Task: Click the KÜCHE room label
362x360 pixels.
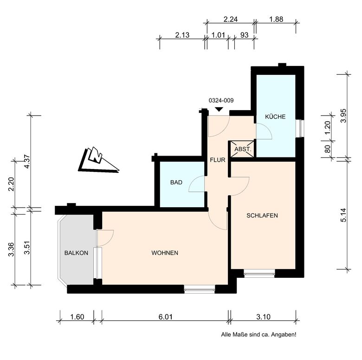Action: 275,117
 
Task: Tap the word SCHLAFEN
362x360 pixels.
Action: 262,216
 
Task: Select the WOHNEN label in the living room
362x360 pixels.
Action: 165,253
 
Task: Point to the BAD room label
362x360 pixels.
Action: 176,183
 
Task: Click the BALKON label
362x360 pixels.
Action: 76,253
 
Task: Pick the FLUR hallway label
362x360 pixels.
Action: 218,160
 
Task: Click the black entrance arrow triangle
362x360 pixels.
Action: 219,110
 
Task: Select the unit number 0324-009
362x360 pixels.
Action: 221,100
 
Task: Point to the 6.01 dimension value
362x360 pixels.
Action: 165,316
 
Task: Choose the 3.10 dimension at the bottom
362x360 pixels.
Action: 263,316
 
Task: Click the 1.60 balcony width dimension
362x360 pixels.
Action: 77,316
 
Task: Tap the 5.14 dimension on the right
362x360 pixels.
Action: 343,215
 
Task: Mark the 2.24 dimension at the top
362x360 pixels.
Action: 230,19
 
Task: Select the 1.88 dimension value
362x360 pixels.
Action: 276,19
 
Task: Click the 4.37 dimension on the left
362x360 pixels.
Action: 27,161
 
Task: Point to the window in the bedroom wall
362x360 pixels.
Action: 259,274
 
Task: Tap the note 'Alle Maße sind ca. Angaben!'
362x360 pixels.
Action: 259,334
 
